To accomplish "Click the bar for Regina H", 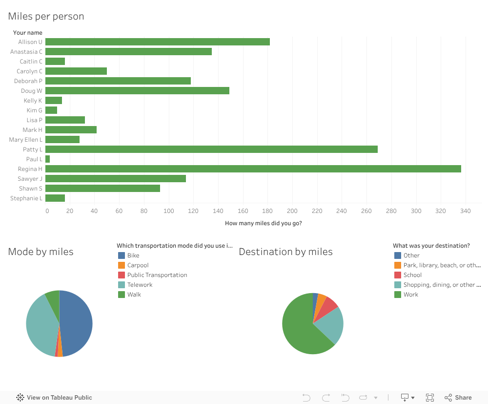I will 253,169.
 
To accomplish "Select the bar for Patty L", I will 211,149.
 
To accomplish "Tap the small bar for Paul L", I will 47,159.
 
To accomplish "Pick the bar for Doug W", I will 137,91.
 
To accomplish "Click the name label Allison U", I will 30,42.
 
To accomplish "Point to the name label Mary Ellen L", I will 26,140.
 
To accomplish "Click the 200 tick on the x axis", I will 292,211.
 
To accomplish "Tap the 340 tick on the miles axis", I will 465,211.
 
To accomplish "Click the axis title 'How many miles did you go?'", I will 263,223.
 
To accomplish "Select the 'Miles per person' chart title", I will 46,16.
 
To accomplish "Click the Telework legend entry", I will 140,285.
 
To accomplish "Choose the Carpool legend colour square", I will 122,265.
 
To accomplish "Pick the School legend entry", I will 412,275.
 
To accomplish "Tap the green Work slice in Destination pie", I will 298,332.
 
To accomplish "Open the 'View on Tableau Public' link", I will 59,398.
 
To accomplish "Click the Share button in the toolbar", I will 458,398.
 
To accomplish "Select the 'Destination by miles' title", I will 285,252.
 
